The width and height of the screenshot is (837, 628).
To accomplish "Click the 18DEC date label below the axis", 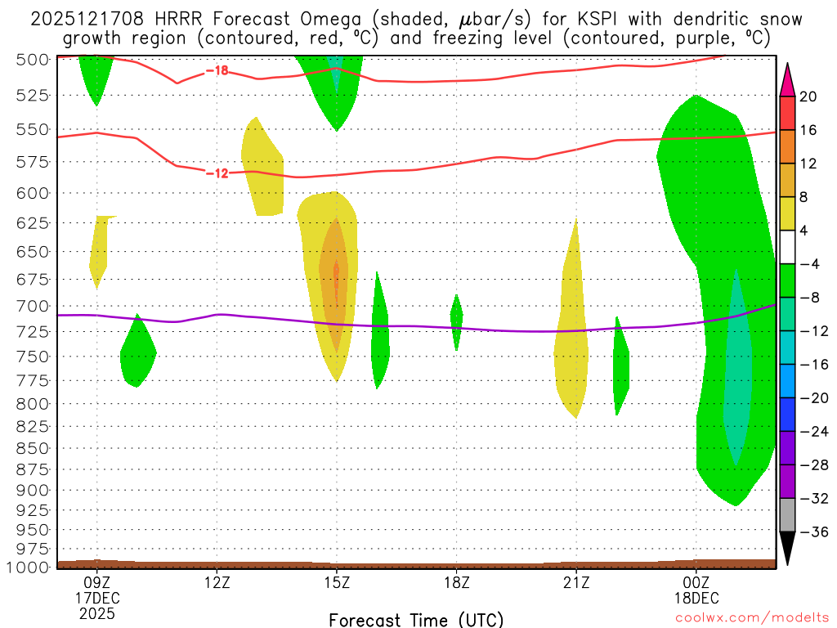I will pos(696,598).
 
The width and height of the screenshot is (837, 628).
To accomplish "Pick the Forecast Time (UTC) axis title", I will pos(416,619).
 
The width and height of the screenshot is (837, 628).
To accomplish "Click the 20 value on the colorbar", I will pos(808,96).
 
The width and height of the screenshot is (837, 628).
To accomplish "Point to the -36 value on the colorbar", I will pos(808,532).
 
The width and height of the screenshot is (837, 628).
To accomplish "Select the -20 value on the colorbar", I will pos(808,398).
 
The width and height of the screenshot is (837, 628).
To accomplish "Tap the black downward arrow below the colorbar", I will pos(787,548).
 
